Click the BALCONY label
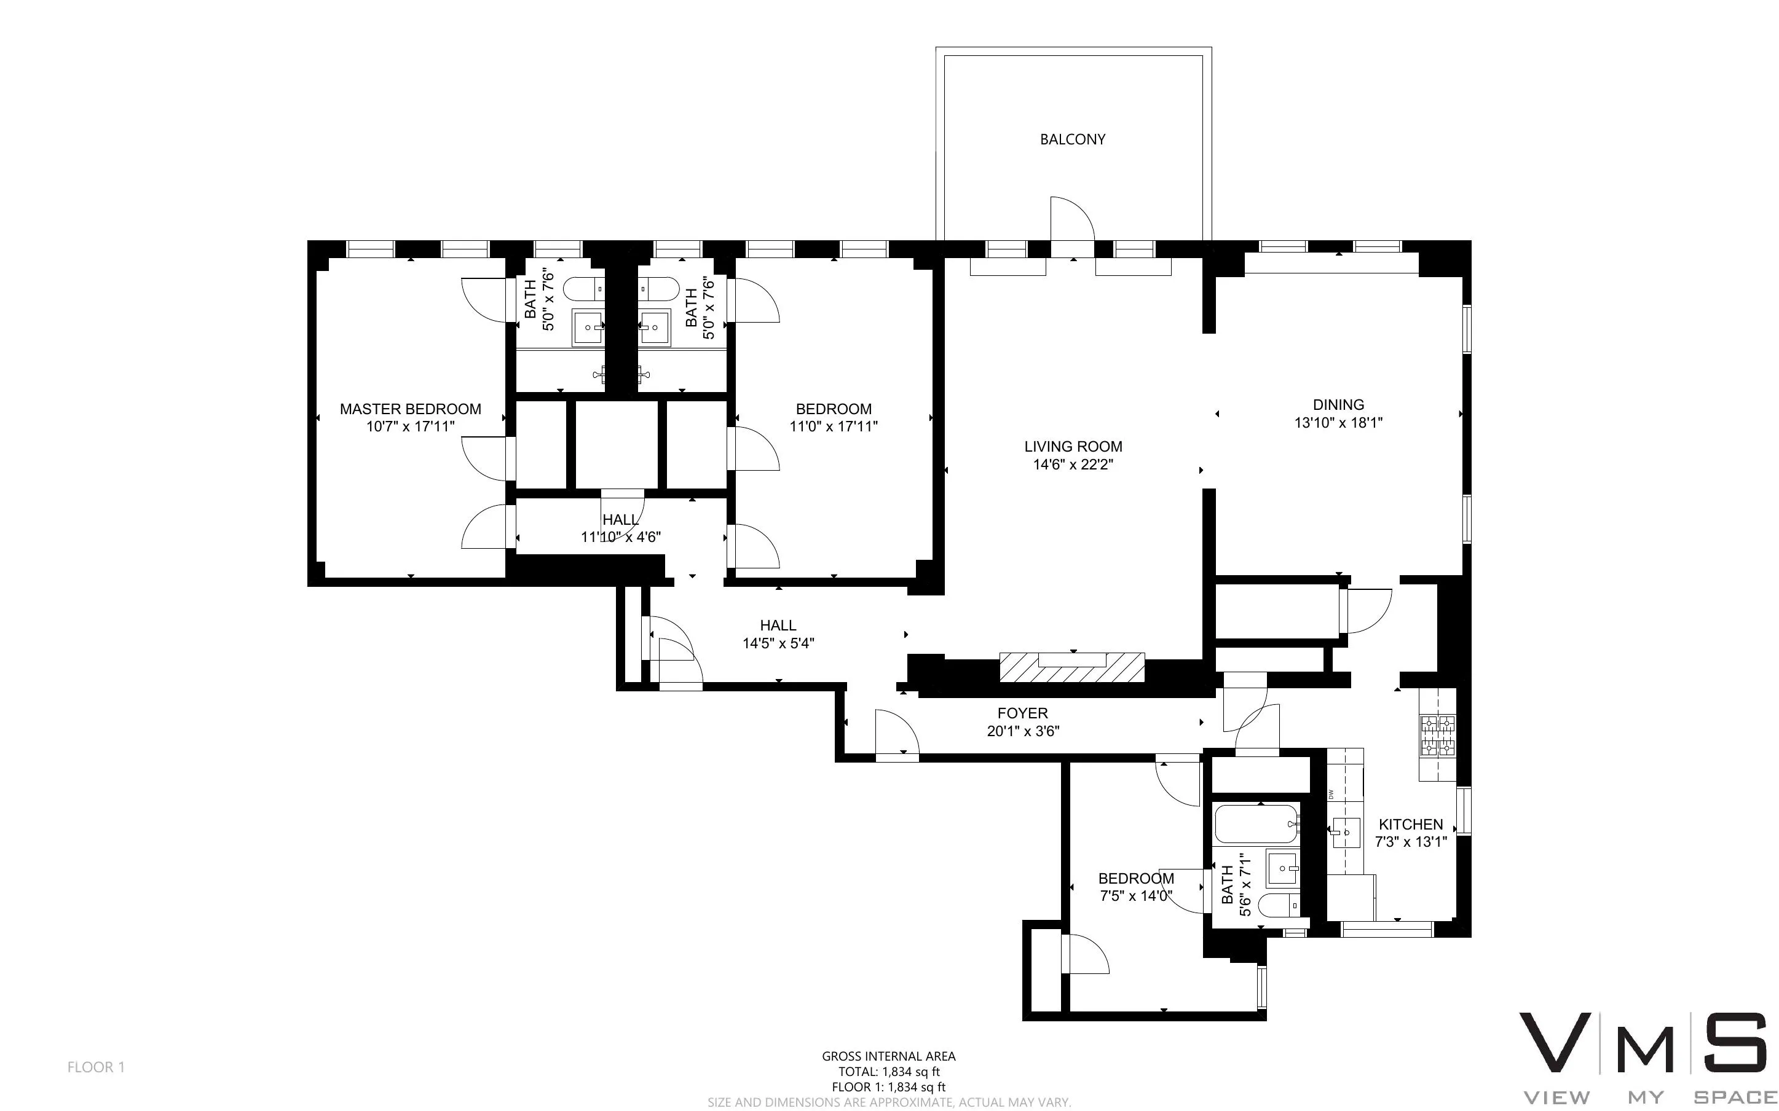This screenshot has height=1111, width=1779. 1072,139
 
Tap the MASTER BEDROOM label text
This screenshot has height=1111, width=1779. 410,409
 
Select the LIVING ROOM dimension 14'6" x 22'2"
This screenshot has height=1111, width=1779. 1072,465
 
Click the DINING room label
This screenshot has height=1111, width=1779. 1338,405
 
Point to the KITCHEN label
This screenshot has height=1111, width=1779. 1410,825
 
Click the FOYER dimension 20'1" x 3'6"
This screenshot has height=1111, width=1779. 1022,731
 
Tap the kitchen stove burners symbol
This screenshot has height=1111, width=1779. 1437,736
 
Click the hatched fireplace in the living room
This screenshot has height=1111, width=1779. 1071,667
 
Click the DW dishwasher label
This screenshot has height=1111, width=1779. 1331,793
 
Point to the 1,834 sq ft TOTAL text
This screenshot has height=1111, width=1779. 888,1072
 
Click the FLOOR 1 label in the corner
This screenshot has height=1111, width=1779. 97,1067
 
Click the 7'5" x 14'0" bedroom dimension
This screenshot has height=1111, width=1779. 1135,897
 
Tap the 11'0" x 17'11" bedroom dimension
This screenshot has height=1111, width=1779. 834,426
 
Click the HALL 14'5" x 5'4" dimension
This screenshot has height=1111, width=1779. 778,643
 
